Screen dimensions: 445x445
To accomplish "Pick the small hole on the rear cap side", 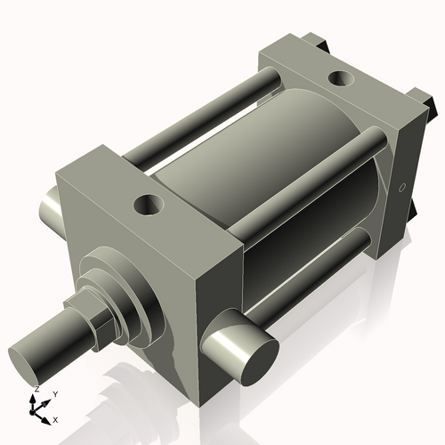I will pyautogui.click(x=401, y=188).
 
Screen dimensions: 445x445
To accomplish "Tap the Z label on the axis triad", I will pyautogui.click(x=35, y=390).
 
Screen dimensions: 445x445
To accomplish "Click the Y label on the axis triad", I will pyautogui.click(x=55, y=393).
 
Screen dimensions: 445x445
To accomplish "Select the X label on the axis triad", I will pyautogui.click(x=55, y=418).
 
